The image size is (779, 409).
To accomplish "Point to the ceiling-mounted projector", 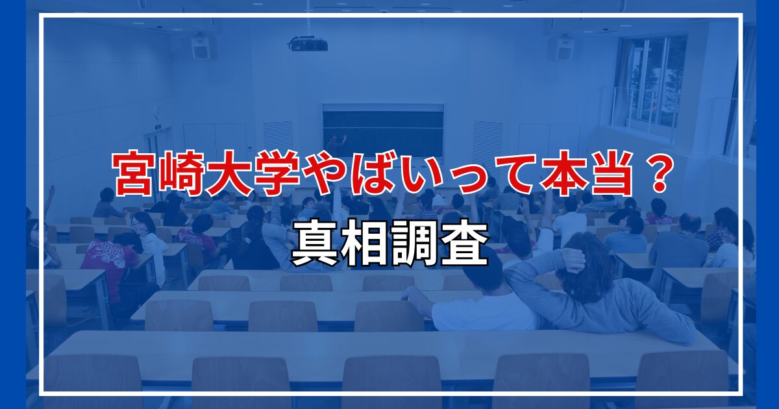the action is pyautogui.click(x=308, y=44).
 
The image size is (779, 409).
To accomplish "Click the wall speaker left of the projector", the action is pyautogui.click(x=201, y=47).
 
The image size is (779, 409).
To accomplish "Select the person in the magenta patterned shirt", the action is pyautogui.click(x=110, y=267).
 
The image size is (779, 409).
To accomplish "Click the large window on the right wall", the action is pyautogui.click(x=650, y=81).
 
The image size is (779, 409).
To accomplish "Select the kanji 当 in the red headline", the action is pyautogui.click(x=610, y=173).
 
